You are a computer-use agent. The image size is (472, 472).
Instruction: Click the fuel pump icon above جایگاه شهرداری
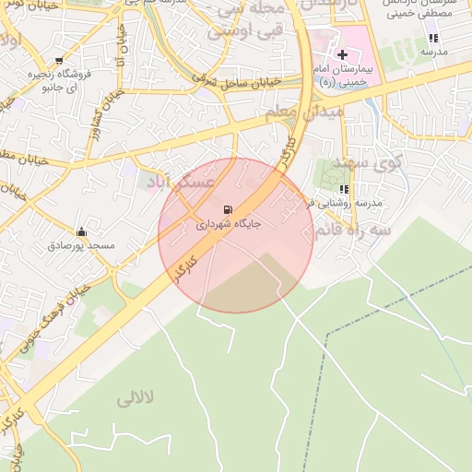(228, 208)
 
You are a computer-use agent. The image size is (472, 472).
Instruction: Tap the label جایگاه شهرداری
(229, 224)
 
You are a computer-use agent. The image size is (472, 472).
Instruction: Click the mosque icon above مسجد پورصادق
(81, 231)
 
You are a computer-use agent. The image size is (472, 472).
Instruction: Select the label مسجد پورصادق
(81, 246)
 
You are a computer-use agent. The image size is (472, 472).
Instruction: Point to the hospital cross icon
(342, 55)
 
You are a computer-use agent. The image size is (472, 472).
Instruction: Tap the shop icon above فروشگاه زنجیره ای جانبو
(60, 61)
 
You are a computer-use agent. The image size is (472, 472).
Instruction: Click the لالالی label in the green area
(137, 399)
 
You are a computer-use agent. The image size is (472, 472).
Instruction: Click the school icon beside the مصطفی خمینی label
(432, 39)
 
